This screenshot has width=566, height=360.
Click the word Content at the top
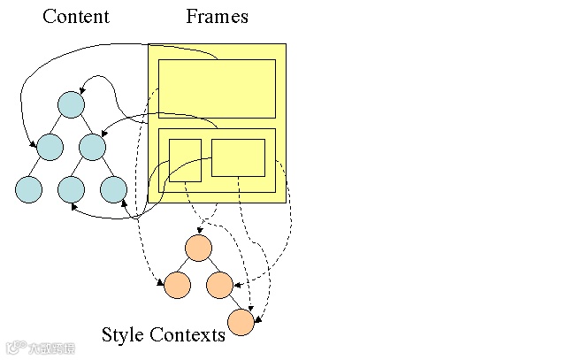[76, 17]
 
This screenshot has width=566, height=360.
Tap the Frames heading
[217, 17]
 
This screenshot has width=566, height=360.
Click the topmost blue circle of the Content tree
[71, 104]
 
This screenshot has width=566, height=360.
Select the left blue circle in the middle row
[50, 146]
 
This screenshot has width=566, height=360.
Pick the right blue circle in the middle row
[92, 146]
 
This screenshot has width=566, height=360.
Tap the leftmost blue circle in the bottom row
[28, 188]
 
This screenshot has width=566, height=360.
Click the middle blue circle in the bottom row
[71, 188]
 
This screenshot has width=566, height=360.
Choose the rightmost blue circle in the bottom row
[113, 188]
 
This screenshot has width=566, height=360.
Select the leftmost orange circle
[177, 285]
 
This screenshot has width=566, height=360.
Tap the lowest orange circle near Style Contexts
[241, 322]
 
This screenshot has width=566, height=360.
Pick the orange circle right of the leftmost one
[219, 285]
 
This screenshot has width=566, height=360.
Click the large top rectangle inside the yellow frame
[217, 88]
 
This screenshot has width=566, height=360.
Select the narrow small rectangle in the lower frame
[185, 160]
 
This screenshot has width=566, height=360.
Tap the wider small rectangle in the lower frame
[238, 157]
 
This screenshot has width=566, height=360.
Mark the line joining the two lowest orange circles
[230, 303]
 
